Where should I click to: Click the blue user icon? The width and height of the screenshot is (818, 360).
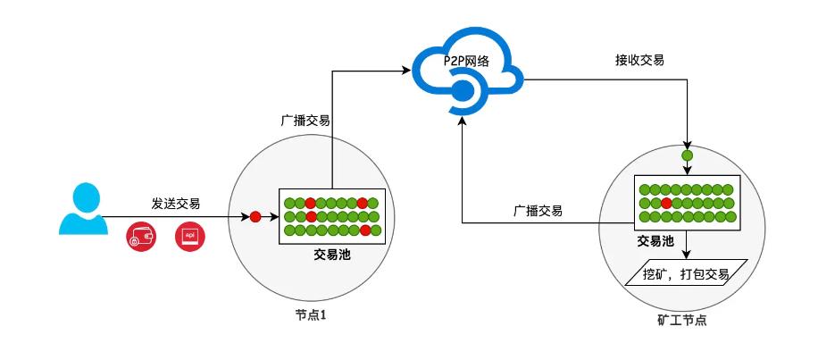pyautogui.click(x=83, y=208)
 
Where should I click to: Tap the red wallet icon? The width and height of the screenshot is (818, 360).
pyautogui.click(x=141, y=239)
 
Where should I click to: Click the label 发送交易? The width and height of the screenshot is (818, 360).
pyautogui.click(x=176, y=204)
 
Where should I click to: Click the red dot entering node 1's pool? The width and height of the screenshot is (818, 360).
pyautogui.click(x=255, y=216)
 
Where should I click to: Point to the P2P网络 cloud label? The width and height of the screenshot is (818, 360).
pyautogui.click(x=466, y=61)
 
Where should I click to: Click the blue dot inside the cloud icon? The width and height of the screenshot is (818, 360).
pyautogui.click(x=462, y=92)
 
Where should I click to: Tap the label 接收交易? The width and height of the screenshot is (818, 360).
pyautogui.click(x=639, y=60)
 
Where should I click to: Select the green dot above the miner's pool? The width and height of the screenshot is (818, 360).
pyautogui.click(x=688, y=155)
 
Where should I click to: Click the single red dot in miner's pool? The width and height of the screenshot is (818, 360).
pyautogui.click(x=665, y=203)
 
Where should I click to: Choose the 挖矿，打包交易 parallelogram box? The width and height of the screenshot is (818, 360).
pyautogui.click(x=686, y=272)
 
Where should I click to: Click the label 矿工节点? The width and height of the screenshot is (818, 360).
pyautogui.click(x=682, y=320)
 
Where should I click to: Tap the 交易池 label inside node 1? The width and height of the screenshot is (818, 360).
pyautogui.click(x=332, y=255)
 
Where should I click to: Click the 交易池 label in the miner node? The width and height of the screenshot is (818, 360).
pyautogui.click(x=655, y=240)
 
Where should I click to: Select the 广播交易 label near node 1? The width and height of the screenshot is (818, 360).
pyautogui.click(x=305, y=121)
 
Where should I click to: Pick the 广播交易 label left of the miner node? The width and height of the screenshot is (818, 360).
pyautogui.click(x=538, y=211)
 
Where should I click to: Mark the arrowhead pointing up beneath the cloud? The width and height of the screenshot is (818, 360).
pyautogui.click(x=462, y=121)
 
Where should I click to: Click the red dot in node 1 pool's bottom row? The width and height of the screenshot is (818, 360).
pyautogui.click(x=365, y=230)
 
